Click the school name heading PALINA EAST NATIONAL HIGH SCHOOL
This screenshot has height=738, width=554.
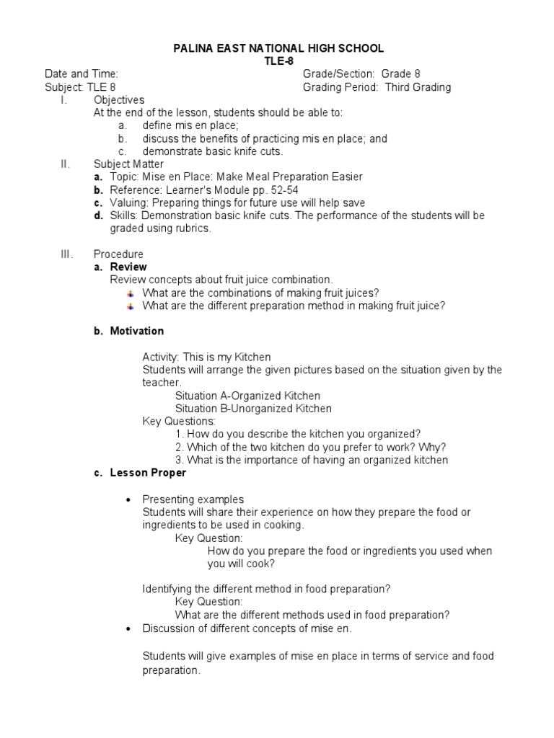(278, 48)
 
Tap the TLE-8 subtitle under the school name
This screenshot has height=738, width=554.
(278, 61)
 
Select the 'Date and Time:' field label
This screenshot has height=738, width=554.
(82, 74)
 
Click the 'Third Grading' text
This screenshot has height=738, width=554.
(418, 87)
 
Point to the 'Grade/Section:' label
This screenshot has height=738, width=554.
(339, 74)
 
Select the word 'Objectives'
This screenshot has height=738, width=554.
(119, 100)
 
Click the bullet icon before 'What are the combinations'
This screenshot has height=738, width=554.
(131, 293)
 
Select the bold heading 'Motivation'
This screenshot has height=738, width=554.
(136, 331)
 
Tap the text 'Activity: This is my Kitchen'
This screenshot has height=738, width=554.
(206, 357)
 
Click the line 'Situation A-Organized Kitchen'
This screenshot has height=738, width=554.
(247, 396)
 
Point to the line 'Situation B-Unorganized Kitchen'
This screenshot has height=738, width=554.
(253, 409)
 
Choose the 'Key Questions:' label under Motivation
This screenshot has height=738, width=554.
(179, 421)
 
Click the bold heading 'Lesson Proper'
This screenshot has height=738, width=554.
(147, 473)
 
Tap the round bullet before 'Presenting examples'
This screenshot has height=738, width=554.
(128, 499)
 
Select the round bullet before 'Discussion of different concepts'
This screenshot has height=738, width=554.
(128, 629)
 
